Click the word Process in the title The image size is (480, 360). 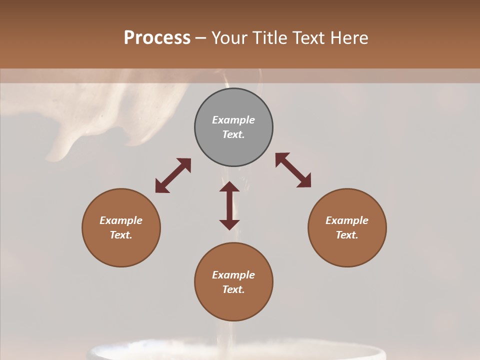click(157, 38)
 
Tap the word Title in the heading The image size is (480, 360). click(271, 38)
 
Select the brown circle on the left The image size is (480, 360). click(121, 250)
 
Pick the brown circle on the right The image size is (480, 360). click(347, 250)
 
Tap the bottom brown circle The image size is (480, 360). click(233, 305)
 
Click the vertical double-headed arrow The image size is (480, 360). click(229, 205)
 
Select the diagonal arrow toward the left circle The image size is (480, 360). click(173, 175)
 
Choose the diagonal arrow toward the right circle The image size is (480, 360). click(293, 170)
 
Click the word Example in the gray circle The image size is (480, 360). click(233, 120)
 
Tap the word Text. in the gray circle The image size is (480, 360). click(233, 134)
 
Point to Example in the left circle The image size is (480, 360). click(121, 220)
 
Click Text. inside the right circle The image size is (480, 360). click(347, 235)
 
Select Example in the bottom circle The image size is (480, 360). click(233, 275)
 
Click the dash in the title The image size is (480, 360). click(201, 38)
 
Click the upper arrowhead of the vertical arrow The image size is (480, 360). click(229, 186)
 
